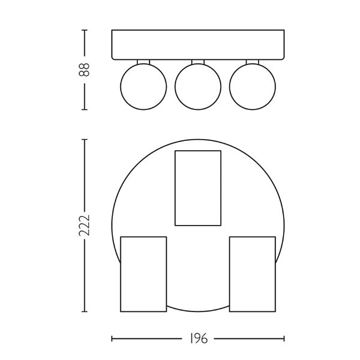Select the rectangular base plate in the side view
(197, 44)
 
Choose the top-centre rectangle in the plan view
(197, 188)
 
